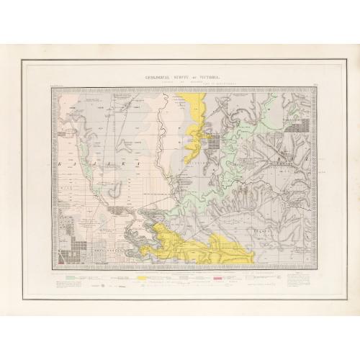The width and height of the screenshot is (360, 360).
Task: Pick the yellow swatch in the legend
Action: click(144, 276)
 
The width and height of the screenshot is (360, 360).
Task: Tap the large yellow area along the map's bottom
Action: click(194, 248)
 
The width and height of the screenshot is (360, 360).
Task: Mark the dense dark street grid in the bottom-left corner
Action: click(68, 238)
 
